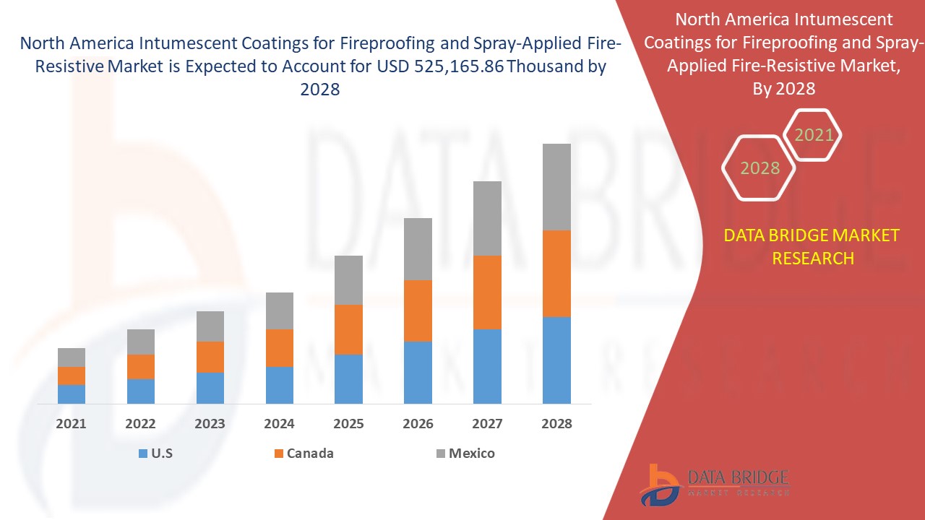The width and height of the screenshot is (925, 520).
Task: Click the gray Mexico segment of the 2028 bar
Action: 556,187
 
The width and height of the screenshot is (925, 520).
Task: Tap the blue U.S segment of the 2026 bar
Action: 418,372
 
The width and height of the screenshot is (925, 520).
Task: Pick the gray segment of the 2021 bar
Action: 72,357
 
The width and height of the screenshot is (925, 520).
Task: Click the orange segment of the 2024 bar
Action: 279,348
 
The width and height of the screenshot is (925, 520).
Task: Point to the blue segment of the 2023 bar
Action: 210,388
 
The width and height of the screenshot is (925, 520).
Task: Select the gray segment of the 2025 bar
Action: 348,280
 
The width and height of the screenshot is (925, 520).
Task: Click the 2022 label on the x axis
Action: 140,424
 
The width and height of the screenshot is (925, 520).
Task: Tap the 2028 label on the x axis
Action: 556,424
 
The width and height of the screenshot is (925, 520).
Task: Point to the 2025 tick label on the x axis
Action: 348,424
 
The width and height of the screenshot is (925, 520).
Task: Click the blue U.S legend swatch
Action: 142,454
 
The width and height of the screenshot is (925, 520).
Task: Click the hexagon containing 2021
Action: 814,135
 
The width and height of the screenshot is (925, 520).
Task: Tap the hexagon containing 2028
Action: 760,168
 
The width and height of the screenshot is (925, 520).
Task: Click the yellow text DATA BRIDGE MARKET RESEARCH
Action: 812,246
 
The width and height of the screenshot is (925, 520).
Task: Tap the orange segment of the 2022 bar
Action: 140,367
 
